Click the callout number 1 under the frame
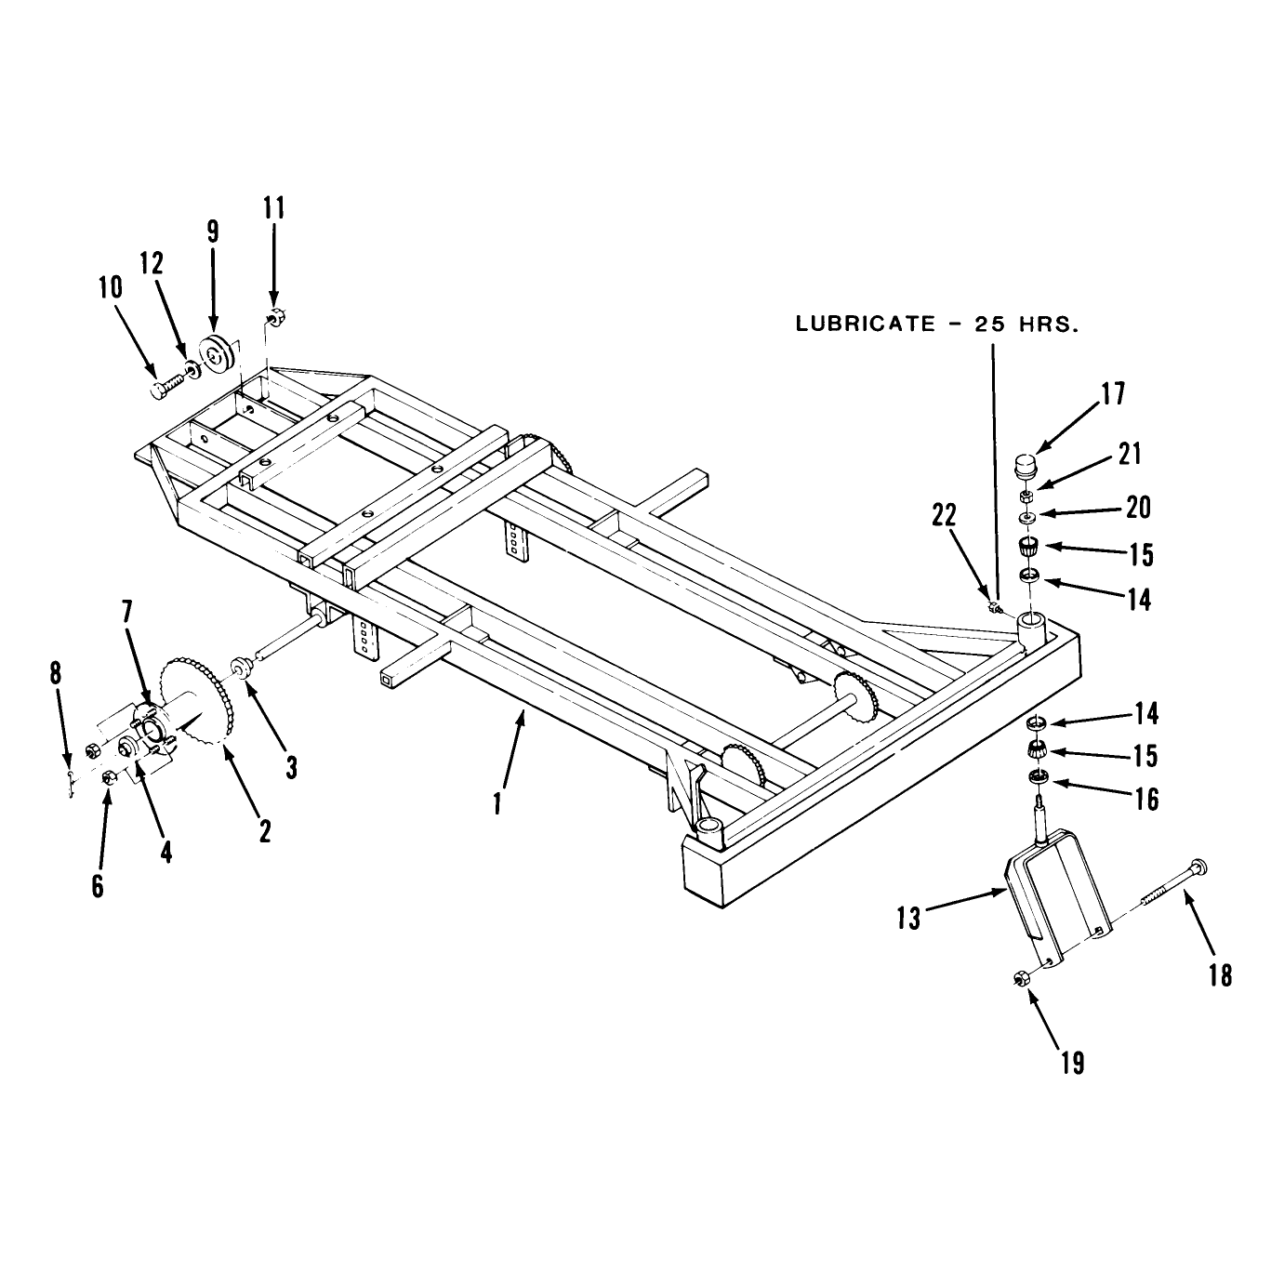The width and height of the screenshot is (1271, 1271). click(498, 802)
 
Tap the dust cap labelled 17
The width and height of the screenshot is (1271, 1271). click(1025, 467)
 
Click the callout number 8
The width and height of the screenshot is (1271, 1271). click(56, 674)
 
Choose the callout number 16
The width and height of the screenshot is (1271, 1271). click(1146, 800)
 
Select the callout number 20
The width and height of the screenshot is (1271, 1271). click(1138, 508)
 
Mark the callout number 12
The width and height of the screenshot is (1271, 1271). click(151, 263)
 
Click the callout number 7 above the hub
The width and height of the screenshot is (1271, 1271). click(126, 612)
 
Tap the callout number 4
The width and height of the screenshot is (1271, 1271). click(165, 853)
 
